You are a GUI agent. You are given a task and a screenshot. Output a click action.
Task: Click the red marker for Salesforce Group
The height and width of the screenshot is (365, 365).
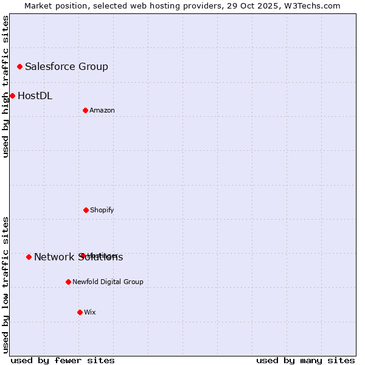pyautogui.click(x=19, y=66)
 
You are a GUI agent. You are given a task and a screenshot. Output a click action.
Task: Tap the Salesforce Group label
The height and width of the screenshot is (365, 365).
pyautogui.click(x=66, y=67)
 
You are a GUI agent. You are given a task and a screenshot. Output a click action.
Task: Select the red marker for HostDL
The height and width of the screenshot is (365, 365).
pyautogui.click(x=12, y=96)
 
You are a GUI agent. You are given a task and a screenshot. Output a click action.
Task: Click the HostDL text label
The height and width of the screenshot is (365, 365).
pyautogui.click(x=35, y=96)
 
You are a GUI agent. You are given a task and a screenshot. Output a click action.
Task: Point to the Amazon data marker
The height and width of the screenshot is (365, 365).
pyautogui.click(x=85, y=110)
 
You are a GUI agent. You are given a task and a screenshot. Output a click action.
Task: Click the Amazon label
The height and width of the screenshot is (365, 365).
pyautogui.click(x=102, y=111)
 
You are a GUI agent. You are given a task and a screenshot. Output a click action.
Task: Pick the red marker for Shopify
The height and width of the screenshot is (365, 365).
pyautogui.click(x=86, y=210)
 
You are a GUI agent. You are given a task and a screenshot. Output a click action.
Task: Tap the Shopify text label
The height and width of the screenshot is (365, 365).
pyautogui.click(x=102, y=210)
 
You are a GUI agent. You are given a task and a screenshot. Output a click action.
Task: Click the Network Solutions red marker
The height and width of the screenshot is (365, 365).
pyautogui.click(x=29, y=257)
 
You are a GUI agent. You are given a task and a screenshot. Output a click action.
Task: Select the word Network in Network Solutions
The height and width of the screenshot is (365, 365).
pyautogui.click(x=54, y=257)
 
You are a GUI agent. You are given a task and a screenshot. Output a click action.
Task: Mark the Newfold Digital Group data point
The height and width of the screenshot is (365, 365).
pyautogui.click(x=68, y=282)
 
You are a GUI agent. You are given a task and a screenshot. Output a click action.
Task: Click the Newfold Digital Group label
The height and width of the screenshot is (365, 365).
pyautogui.click(x=108, y=282)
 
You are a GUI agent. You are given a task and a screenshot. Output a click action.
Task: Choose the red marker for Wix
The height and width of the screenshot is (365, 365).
pyautogui.click(x=80, y=312)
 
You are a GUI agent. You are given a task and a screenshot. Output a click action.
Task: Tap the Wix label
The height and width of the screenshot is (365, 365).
pyautogui.click(x=90, y=313)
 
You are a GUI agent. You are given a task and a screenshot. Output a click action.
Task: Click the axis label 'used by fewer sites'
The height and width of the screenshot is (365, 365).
pyautogui.click(x=63, y=360)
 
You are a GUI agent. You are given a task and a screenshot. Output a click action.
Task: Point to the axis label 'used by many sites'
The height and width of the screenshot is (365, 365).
pyautogui.click(x=305, y=360)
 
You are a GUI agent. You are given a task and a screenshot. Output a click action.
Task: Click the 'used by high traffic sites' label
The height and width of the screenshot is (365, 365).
pyautogui.click(x=6, y=86)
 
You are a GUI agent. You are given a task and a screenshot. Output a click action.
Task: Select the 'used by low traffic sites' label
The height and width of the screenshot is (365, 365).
pyautogui.click(x=6, y=285)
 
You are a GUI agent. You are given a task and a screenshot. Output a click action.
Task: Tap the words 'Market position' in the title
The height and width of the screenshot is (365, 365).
pyautogui.click(x=52, y=6)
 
